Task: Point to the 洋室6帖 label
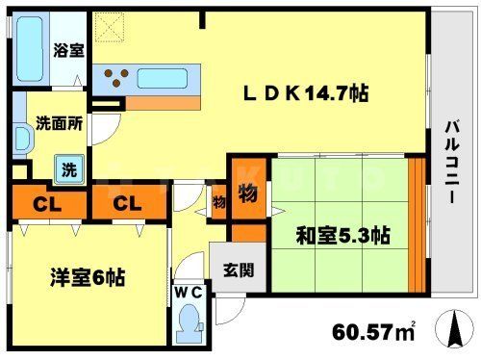point(88,277)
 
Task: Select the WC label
point(188,293)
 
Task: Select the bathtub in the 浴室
point(30,50)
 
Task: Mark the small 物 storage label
point(218,202)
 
